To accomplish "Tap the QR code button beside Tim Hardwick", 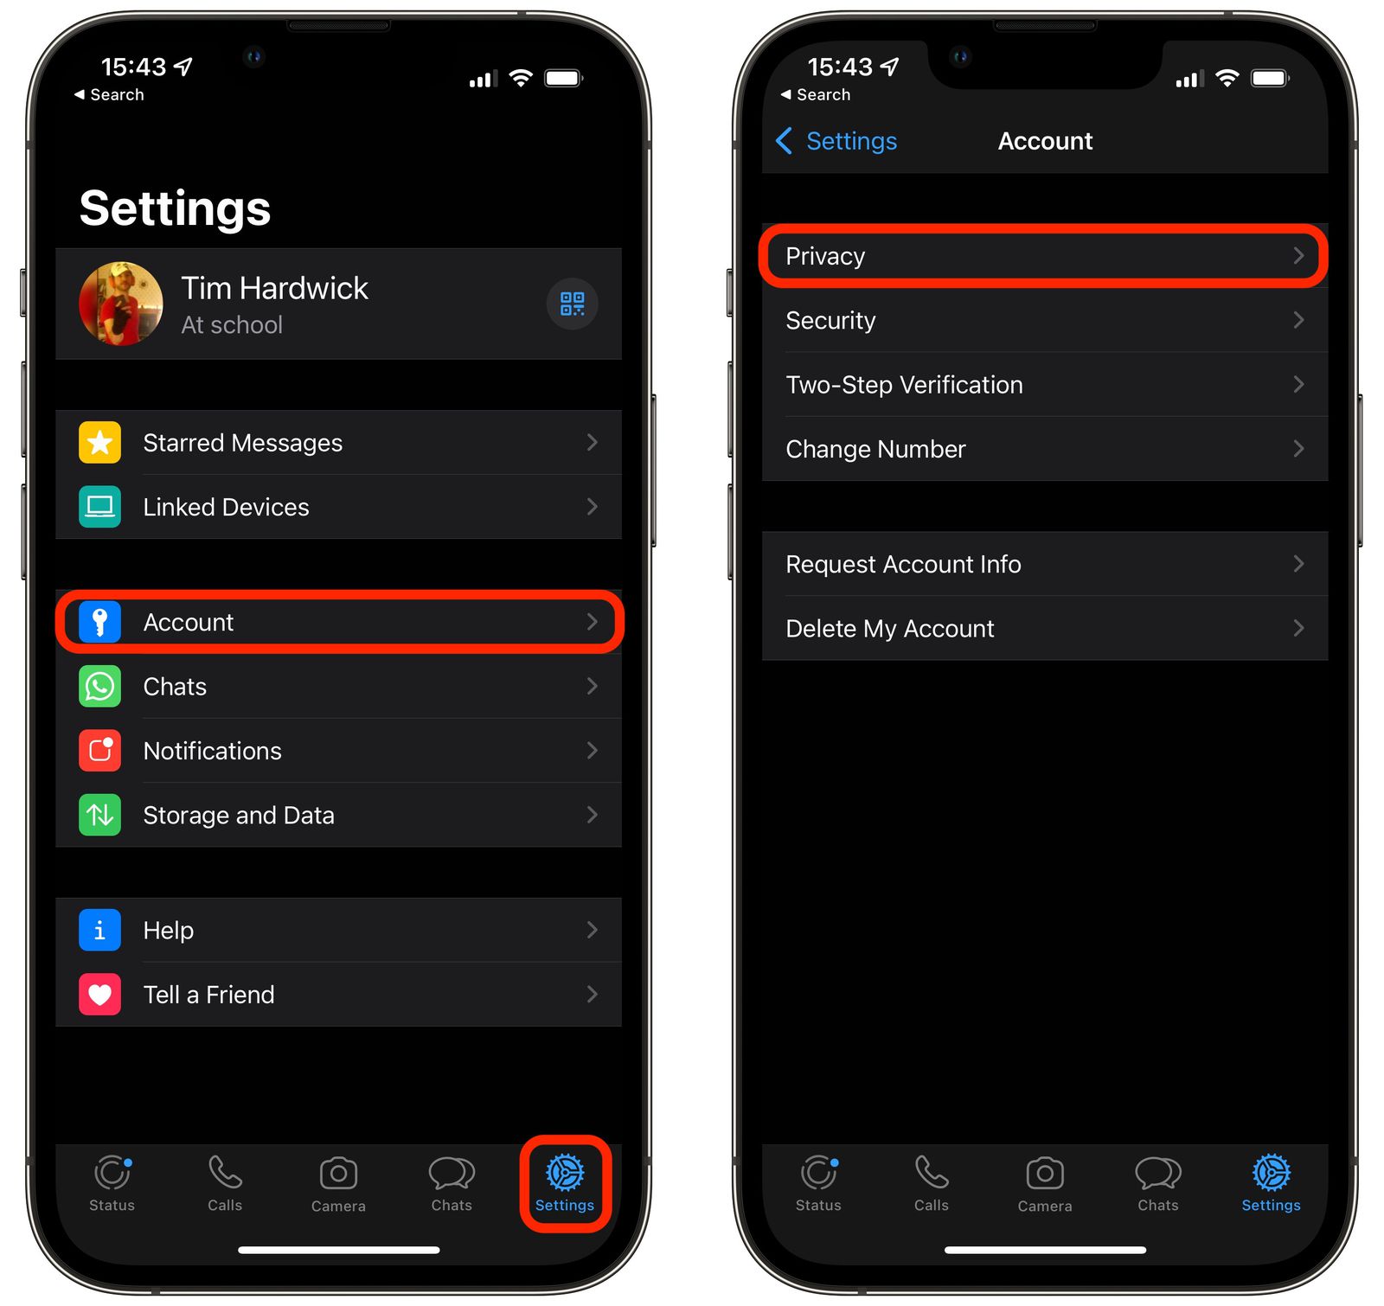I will click(572, 304).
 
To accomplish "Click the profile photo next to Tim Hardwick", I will click(121, 304).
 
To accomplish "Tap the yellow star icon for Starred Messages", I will click(100, 443).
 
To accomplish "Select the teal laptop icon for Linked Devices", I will click(100, 507).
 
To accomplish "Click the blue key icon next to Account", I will click(100, 622).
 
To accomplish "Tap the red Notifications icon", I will click(100, 751).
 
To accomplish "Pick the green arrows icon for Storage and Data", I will click(100, 815).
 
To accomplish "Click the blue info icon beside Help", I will click(100, 930).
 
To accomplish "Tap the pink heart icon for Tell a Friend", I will click(100, 995).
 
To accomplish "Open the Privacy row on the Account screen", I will click(1043, 256).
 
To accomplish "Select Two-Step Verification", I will click(1043, 385).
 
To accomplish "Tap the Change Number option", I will click(1043, 449).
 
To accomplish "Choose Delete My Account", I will click(1043, 629).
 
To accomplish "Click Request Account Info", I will click(1043, 564).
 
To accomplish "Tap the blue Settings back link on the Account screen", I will click(837, 141).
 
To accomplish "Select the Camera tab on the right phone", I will click(1045, 1183).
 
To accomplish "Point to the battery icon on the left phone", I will click(563, 79).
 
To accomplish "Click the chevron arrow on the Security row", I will click(1298, 320).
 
